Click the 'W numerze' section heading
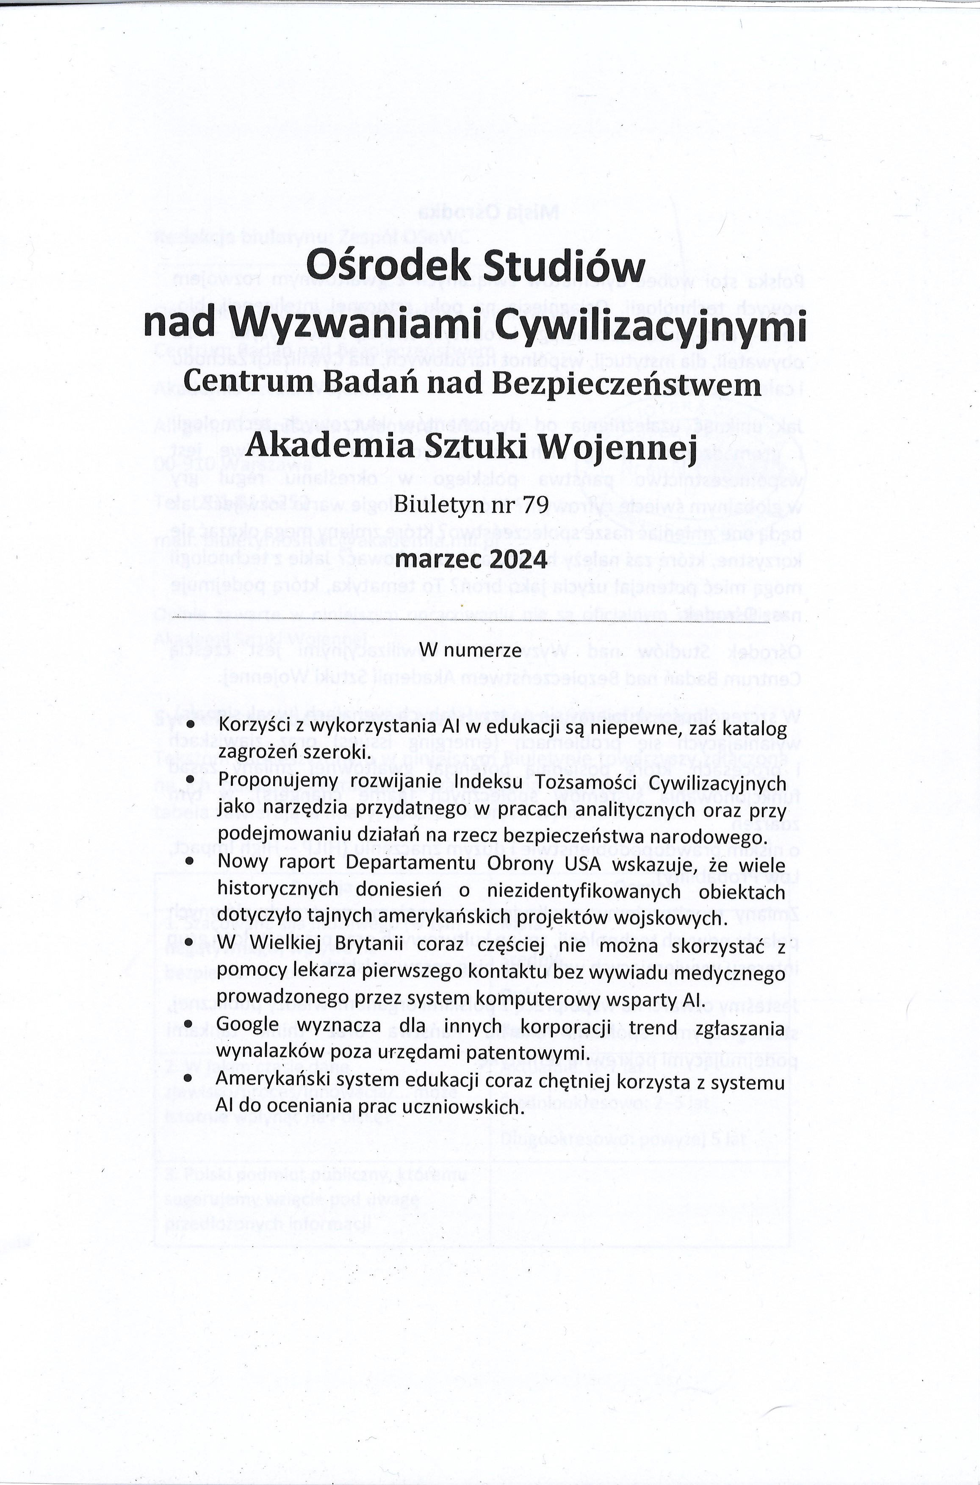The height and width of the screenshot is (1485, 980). point(470,650)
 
